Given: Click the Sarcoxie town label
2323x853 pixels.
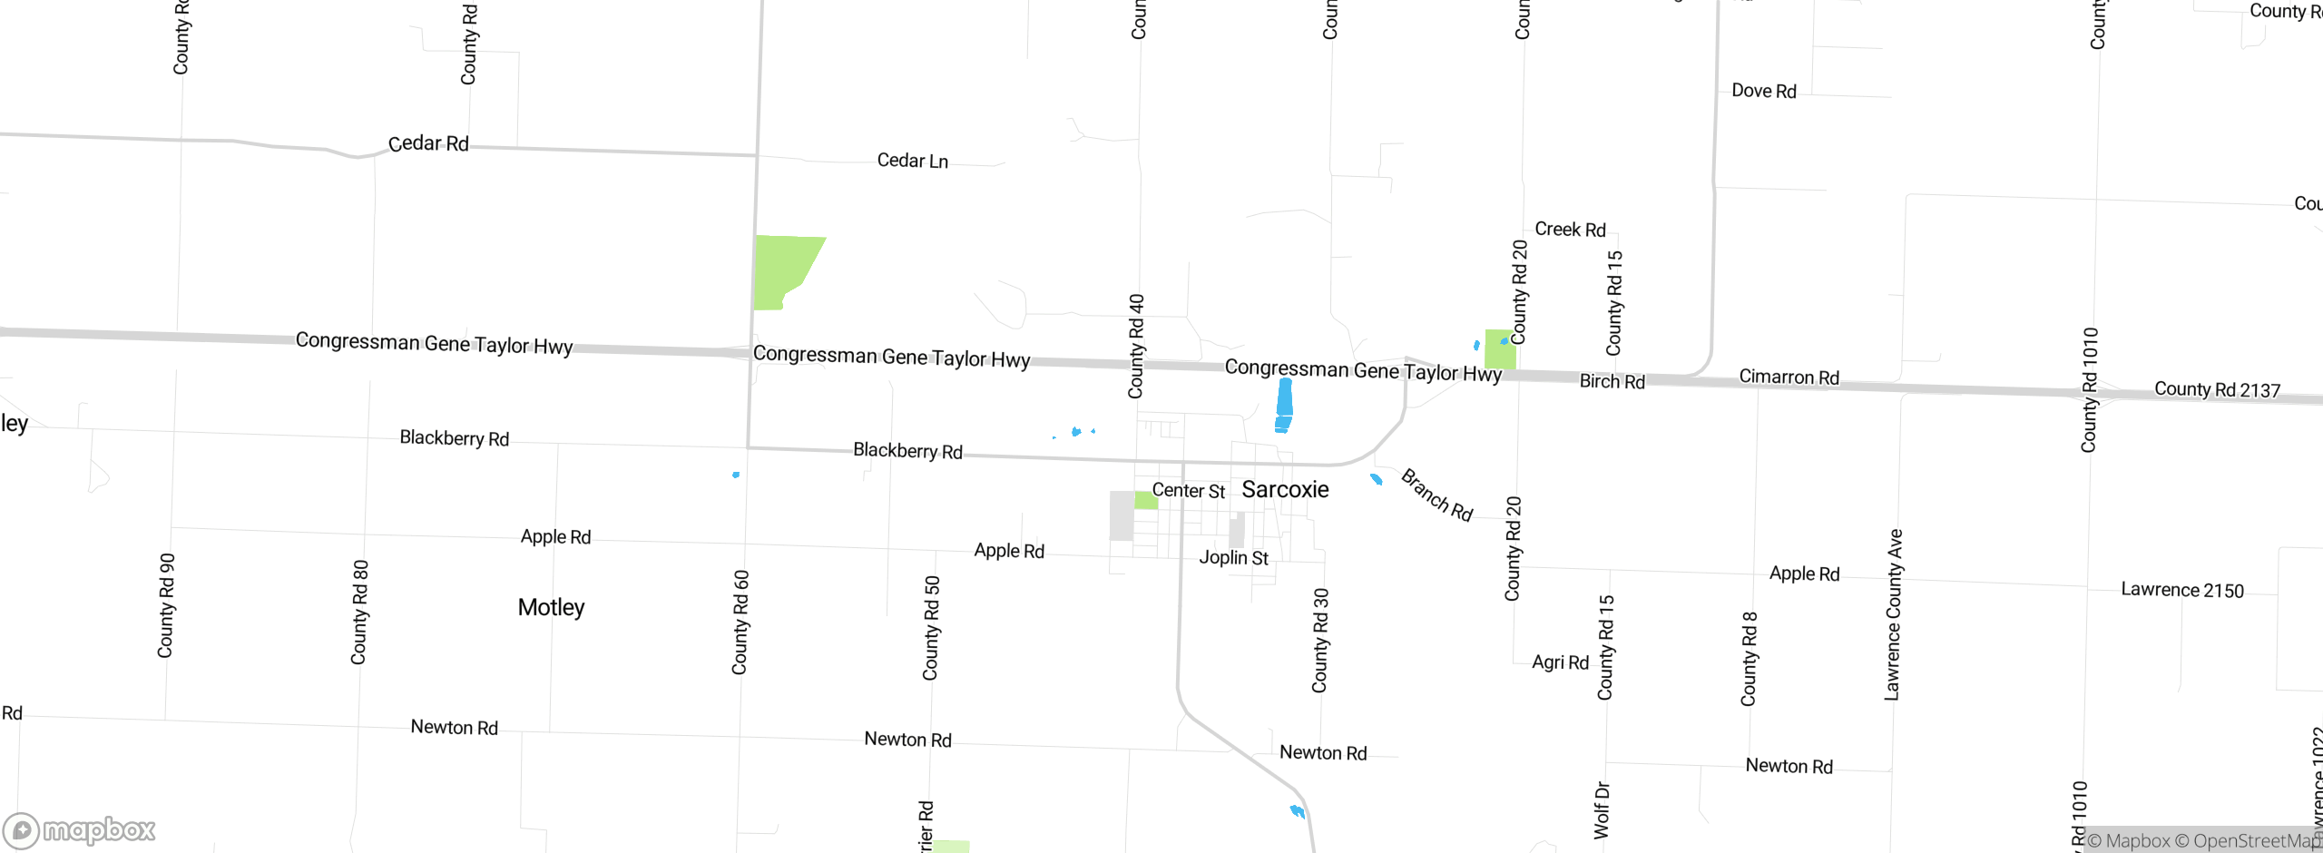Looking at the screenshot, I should pos(1285,490).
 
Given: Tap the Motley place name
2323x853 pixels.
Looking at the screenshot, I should pos(551,607).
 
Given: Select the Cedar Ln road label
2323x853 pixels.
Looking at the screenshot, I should pos(912,161).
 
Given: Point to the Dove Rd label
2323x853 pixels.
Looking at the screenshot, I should pos(1763,91).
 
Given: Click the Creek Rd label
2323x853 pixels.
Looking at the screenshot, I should pos(1570,230).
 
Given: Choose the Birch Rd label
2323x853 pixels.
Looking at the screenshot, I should pos(1612,381).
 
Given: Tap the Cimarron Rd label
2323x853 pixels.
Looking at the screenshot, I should pos(1789,377).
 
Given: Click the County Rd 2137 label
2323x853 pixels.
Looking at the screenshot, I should pos(2217,389).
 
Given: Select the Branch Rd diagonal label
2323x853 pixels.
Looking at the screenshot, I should pos(1436,495).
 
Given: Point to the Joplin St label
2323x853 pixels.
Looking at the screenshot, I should pos(1233,557).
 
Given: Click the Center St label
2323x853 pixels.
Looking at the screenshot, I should pos(1188,491).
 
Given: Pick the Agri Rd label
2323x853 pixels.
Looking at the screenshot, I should pos(1560,662).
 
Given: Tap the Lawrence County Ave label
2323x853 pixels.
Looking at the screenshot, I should pos(1894,614).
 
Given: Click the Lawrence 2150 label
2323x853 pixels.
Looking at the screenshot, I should pos(2181,590).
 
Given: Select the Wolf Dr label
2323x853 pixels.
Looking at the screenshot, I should pos(1602,809).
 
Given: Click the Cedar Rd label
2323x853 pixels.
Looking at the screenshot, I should pos(428,143).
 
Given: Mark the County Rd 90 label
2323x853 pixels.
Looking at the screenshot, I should pos(166,605).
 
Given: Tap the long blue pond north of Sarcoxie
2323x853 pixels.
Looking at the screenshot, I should pos(1284,405).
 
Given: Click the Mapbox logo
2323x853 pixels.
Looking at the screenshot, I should pos(80,829).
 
